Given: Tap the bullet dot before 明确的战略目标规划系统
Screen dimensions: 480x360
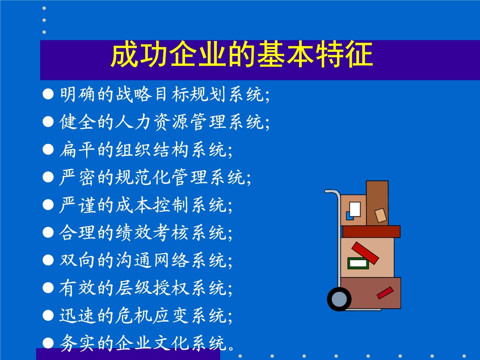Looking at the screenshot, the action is (48, 94).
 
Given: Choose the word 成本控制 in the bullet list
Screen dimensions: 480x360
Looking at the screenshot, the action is (152, 205).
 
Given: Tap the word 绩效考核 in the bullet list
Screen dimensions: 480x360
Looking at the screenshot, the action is (152, 233).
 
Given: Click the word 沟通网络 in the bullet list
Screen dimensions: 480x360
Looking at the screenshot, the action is (152, 260).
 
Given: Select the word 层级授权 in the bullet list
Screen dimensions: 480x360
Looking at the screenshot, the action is (152, 288).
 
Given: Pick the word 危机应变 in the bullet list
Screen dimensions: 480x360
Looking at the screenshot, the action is (152, 316).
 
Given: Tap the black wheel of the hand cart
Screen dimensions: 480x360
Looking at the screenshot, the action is (339, 299).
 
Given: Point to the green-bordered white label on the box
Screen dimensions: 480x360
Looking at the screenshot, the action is (358, 263).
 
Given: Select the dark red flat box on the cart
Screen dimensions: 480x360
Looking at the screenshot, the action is (371, 231).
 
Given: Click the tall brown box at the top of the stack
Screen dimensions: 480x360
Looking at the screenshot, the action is (377, 203).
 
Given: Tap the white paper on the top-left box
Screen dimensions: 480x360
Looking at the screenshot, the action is (355, 209).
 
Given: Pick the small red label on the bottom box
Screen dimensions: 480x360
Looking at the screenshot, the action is (385, 293).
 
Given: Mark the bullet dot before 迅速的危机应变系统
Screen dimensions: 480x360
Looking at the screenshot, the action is (48, 316).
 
